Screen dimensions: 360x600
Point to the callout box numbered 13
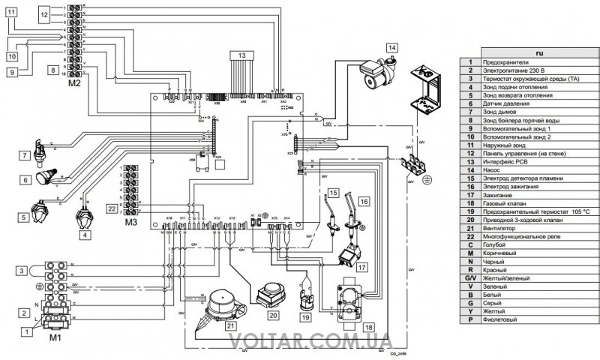(242, 55)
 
